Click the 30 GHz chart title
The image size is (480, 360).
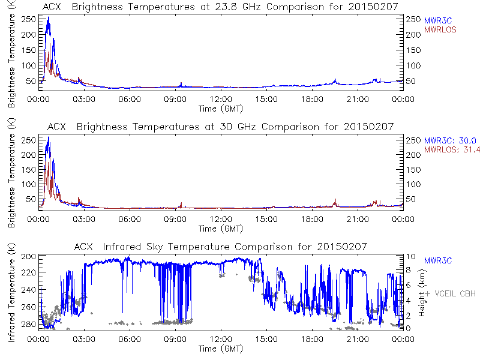tap(220, 127)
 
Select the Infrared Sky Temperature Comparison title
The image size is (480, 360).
tap(220, 247)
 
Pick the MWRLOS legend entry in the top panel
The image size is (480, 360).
tap(440, 29)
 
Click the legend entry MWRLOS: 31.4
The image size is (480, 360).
tap(449, 149)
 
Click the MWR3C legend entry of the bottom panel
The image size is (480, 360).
tap(437, 260)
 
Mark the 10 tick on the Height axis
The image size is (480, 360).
tap(408, 256)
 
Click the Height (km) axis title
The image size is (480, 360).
tap(423, 293)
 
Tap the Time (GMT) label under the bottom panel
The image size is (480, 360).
tap(220, 348)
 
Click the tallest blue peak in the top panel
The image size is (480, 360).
tap(48, 18)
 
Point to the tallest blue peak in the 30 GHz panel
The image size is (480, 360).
tap(48, 137)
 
